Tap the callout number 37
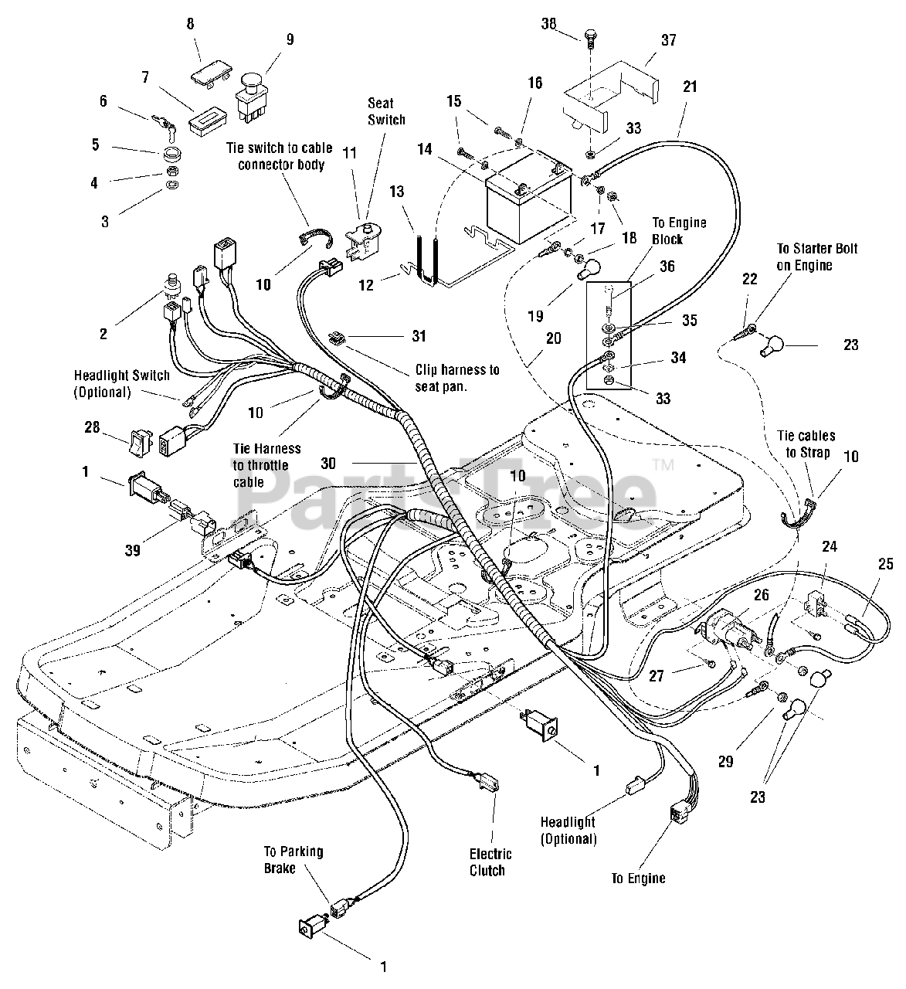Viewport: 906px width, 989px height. point(668,39)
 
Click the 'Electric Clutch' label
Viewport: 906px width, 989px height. point(490,862)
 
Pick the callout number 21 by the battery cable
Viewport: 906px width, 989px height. point(690,87)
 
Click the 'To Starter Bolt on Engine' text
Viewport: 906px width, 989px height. point(816,257)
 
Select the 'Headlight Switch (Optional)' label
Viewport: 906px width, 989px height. point(121,383)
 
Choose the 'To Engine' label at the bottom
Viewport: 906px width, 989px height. point(638,878)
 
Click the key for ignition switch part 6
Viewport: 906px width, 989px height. point(167,121)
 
